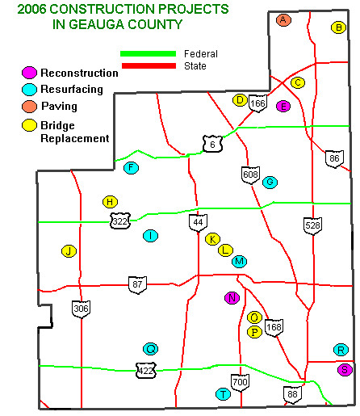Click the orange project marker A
(283, 19)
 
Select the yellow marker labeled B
(338, 27)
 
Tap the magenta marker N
(232, 297)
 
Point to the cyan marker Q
(150, 349)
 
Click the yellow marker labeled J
(69, 251)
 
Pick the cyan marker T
(223, 394)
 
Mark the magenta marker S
(345, 370)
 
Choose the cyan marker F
(131, 168)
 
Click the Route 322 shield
(119, 221)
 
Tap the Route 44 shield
(198, 222)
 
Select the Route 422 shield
(145, 371)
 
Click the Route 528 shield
(312, 225)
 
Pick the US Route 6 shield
(211, 144)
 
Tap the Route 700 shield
(240, 382)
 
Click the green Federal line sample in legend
(148, 54)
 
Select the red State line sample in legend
(148, 65)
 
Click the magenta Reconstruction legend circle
(30, 73)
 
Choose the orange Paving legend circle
(30, 106)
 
